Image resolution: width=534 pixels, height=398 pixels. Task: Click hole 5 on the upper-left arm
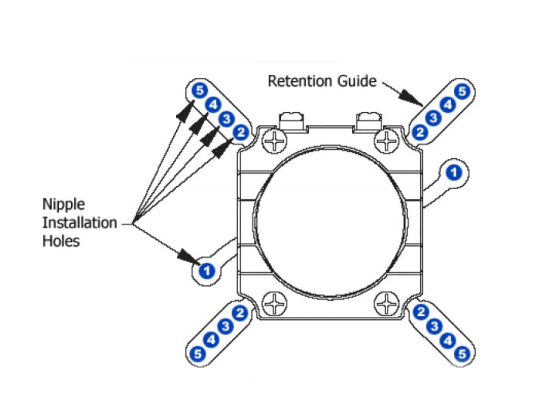[200, 90]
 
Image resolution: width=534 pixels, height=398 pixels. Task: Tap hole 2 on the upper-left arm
[241, 133]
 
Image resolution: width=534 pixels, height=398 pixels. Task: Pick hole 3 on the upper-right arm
[433, 118]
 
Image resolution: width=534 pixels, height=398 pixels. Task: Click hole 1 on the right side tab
[454, 172]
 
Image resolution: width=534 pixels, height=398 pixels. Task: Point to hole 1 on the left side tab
[206, 271]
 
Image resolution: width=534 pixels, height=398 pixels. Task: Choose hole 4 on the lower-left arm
[212, 339]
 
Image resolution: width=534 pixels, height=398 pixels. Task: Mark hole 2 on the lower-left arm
[240, 313]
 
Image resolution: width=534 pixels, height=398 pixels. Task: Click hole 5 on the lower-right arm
[462, 354]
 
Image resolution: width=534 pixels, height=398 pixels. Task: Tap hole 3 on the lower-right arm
[434, 326]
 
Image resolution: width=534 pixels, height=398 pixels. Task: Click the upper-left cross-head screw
[274, 140]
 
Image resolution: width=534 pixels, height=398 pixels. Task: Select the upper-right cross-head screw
[387, 140]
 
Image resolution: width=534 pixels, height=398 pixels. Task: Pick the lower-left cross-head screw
[274, 303]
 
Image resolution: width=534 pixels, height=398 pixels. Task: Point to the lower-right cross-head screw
[387, 303]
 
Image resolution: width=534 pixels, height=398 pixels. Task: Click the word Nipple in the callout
[63, 204]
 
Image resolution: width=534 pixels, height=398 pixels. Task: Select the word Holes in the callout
[61, 241]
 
